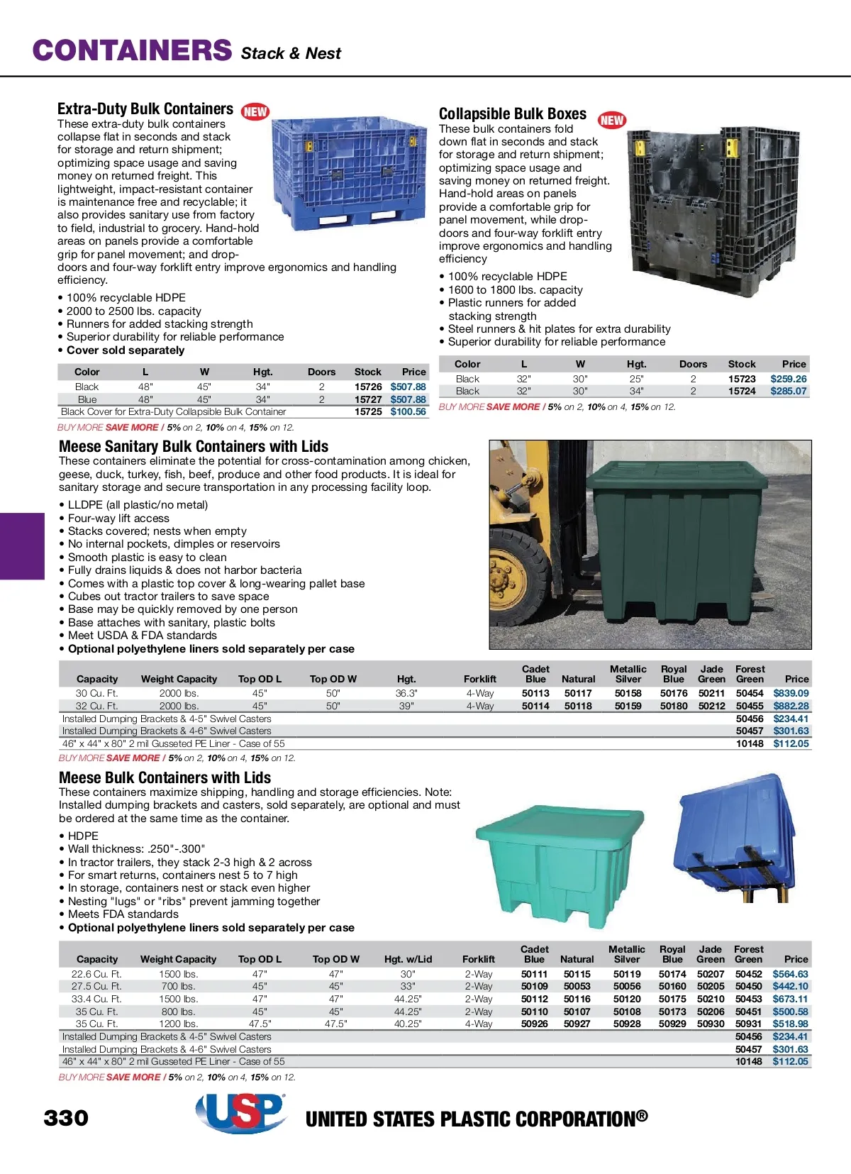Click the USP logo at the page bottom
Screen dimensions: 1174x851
click(x=240, y=1112)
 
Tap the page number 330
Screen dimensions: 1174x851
click(x=66, y=1118)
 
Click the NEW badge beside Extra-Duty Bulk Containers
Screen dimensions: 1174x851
click(x=255, y=111)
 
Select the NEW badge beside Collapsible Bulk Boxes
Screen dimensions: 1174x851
click(x=611, y=120)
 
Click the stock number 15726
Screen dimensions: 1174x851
click(x=368, y=387)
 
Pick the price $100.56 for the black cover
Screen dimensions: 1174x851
click(x=408, y=411)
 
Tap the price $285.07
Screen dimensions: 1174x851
click(x=789, y=391)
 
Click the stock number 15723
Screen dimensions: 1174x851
click(x=742, y=379)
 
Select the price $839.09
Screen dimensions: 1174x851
click(x=791, y=693)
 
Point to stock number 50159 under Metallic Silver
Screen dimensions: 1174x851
click(x=628, y=706)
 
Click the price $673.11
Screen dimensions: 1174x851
click(x=790, y=999)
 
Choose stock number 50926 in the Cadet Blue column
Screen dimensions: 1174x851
click(x=534, y=1024)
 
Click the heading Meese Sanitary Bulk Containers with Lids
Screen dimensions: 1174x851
click(x=194, y=446)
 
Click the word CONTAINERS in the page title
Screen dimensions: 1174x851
click(x=132, y=50)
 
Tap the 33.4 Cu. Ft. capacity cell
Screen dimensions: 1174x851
click(x=96, y=999)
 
